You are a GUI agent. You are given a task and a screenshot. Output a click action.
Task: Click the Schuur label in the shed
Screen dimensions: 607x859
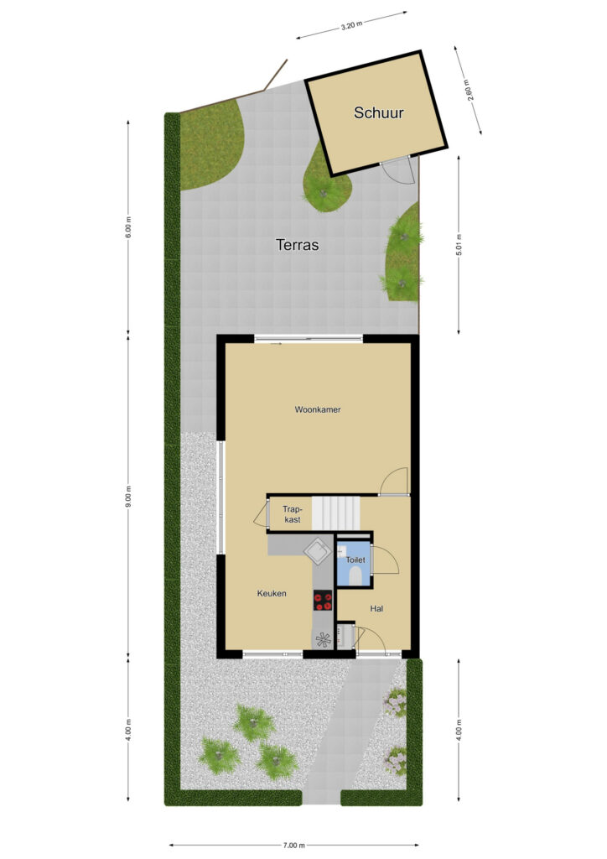[x=378, y=113]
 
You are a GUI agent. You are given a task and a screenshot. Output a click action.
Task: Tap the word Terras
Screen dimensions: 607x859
[x=297, y=245]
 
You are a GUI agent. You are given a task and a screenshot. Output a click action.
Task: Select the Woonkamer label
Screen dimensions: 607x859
[x=318, y=409]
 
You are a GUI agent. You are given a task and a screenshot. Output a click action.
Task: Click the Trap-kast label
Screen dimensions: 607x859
[x=292, y=514]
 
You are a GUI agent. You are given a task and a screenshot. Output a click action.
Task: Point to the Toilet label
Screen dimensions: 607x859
[x=355, y=560]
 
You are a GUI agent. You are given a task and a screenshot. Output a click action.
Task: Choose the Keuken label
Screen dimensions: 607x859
[x=272, y=593]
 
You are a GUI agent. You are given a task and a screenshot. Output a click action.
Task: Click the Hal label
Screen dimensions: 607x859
[x=376, y=609]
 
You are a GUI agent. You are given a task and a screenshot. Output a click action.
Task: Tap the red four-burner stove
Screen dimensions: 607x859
[x=323, y=601]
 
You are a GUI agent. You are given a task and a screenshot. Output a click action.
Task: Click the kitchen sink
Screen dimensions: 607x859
[x=318, y=549]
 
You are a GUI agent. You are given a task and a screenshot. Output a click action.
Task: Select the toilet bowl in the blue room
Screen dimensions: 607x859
[x=355, y=575]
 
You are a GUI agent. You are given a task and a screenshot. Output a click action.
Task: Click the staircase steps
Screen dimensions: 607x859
[x=336, y=513]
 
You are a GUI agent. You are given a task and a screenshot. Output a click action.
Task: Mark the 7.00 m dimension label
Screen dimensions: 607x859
[x=294, y=846]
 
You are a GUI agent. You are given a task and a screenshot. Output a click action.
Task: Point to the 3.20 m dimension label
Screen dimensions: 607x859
[x=351, y=25]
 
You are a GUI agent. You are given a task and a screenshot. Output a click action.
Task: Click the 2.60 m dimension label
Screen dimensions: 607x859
[x=469, y=91]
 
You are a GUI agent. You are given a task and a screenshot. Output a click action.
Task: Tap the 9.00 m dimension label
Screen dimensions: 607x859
[x=128, y=497]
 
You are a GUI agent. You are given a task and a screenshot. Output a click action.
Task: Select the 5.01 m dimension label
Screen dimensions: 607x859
[x=459, y=245]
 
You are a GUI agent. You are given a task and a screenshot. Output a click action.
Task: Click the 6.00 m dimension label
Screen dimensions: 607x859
[x=128, y=227]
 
